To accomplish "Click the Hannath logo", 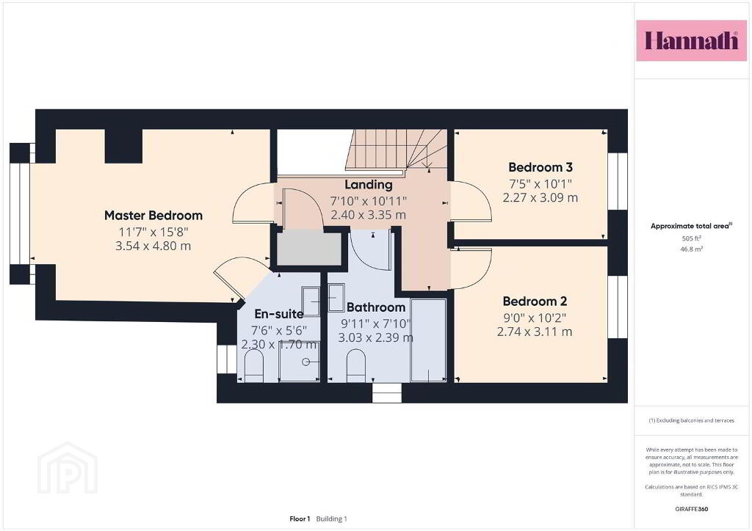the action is coord(691,40).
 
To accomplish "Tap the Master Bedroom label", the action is coord(153,216).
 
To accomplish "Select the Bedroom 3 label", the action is coord(540,167).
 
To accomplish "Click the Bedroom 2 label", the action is coord(535,301).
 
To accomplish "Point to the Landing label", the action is coord(369,185).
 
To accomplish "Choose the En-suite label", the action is coord(278,314).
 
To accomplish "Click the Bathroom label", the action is coord(376,307).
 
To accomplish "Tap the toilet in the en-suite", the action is coord(253,365).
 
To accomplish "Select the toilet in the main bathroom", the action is coord(356,365).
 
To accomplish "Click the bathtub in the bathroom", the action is coord(428,340).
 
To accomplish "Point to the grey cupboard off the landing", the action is coord(309,248).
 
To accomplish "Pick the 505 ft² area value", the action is coord(691,238).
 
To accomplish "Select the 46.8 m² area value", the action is coord(691,249).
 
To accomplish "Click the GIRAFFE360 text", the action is coord(691,509).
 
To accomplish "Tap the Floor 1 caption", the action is coord(300,519).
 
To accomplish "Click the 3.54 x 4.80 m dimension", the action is coord(153,246).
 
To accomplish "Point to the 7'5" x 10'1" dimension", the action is coord(540,183).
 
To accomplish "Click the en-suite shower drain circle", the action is coord(306,362).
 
